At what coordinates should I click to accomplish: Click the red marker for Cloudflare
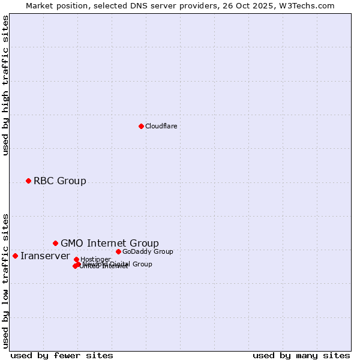click(x=141, y=126)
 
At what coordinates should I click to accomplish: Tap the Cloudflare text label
click(x=161, y=126)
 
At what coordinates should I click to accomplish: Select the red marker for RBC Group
click(x=28, y=181)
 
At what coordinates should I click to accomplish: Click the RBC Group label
click(x=59, y=181)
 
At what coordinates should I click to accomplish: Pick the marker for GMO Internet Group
click(x=55, y=243)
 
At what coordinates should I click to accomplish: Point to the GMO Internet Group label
click(x=110, y=243)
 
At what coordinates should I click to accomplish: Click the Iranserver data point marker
click(x=15, y=256)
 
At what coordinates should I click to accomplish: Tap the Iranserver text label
click(x=45, y=256)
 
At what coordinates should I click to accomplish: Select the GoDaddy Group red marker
click(x=118, y=251)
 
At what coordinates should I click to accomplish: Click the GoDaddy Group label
click(x=148, y=251)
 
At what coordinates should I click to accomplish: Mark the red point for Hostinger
click(x=76, y=259)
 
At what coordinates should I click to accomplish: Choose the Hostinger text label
click(x=95, y=259)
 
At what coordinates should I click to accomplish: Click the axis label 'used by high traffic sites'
click(x=5, y=85)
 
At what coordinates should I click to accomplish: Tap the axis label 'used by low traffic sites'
click(x=5, y=280)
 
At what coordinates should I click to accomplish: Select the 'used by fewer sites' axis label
click(x=62, y=355)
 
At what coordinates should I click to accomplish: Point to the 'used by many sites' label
click(x=301, y=355)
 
